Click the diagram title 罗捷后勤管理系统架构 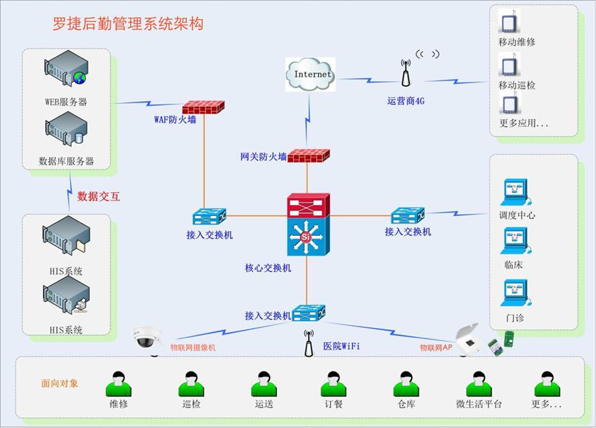tap(128, 24)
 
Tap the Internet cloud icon tap(311, 74)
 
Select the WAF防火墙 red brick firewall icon tap(203, 106)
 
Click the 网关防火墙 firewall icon tap(308, 155)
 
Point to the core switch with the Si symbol tap(308, 236)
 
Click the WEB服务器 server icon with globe tap(66, 71)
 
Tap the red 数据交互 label tap(99, 196)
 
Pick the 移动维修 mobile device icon tap(507, 22)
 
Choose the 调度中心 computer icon tap(515, 193)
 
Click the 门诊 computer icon tap(515, 294)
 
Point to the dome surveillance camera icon tap(147, 337)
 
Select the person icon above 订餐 tap(332, 384)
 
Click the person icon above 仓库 tap(406, 384)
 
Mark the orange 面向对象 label tap(60, 383)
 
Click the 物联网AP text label tap(436, 347)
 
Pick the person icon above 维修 tap(118, 384)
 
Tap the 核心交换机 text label tap(268, 268)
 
